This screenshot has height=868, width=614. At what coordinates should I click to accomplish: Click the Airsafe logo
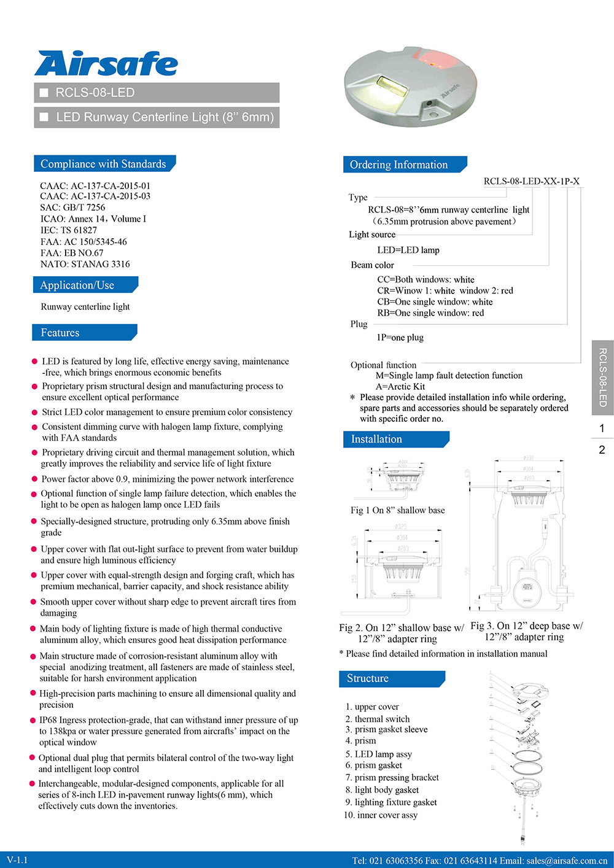click(x=106, y=64)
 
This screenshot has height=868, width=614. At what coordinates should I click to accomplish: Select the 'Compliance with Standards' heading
click(x=103, y=164)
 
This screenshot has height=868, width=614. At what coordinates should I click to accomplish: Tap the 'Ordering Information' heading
click(x=398, y=165)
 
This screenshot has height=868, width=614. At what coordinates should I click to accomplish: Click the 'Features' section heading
click(x=60, y=333)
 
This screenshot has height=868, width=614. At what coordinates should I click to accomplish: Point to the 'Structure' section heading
click(x=368, y=678)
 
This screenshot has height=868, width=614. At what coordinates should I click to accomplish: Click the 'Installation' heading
click(x=376, y=439)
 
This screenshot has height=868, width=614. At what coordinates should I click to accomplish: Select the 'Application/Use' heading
click(x=77, y=285)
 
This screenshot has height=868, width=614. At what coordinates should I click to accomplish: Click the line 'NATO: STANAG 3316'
click(x=85, y=264)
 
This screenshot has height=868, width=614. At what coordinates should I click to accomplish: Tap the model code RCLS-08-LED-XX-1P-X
click(x=531, y=181)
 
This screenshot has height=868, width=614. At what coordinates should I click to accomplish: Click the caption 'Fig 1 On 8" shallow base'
click(x=397, y=510)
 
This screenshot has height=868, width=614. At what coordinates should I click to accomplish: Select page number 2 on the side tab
click(x=602, y=449)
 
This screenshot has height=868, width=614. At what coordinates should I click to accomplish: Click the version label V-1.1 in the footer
click(x=17, y=860)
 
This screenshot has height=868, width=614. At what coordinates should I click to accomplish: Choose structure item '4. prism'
click(x=360, y=741)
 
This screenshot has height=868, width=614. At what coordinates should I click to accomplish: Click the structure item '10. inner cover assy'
click(x=381, y=815)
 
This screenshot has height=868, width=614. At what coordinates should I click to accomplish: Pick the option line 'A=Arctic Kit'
click(x=400, y=387)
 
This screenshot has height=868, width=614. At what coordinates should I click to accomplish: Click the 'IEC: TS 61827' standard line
click(x=69, y=230)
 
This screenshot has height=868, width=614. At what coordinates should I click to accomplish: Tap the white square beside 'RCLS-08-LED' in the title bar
click(x=44, y=93)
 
